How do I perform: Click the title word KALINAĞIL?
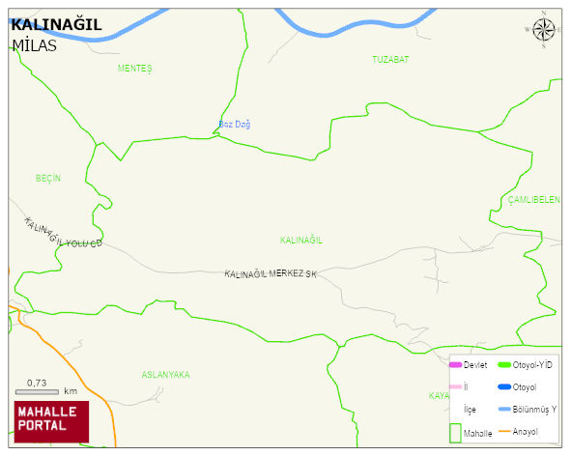click(x=56, y=25)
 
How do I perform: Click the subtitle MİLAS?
click(x=35, y=45)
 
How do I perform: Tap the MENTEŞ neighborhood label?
click(x=135, y=69)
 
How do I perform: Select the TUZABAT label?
click(x=390, y=60)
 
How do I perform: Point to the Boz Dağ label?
click(x=235, y=125)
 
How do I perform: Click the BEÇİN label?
click(x=48, y=179)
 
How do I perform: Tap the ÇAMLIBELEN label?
click(x=533, y=199)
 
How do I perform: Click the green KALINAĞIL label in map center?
click(x=300, y=240)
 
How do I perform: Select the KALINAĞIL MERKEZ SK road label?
click(x=271, y=274)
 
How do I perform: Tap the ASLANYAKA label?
click(x=165, y=374)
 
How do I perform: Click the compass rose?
click(x=544, y=32)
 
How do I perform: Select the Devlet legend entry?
click(x=469, y=364)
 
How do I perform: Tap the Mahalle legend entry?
click(x=471, y=433)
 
